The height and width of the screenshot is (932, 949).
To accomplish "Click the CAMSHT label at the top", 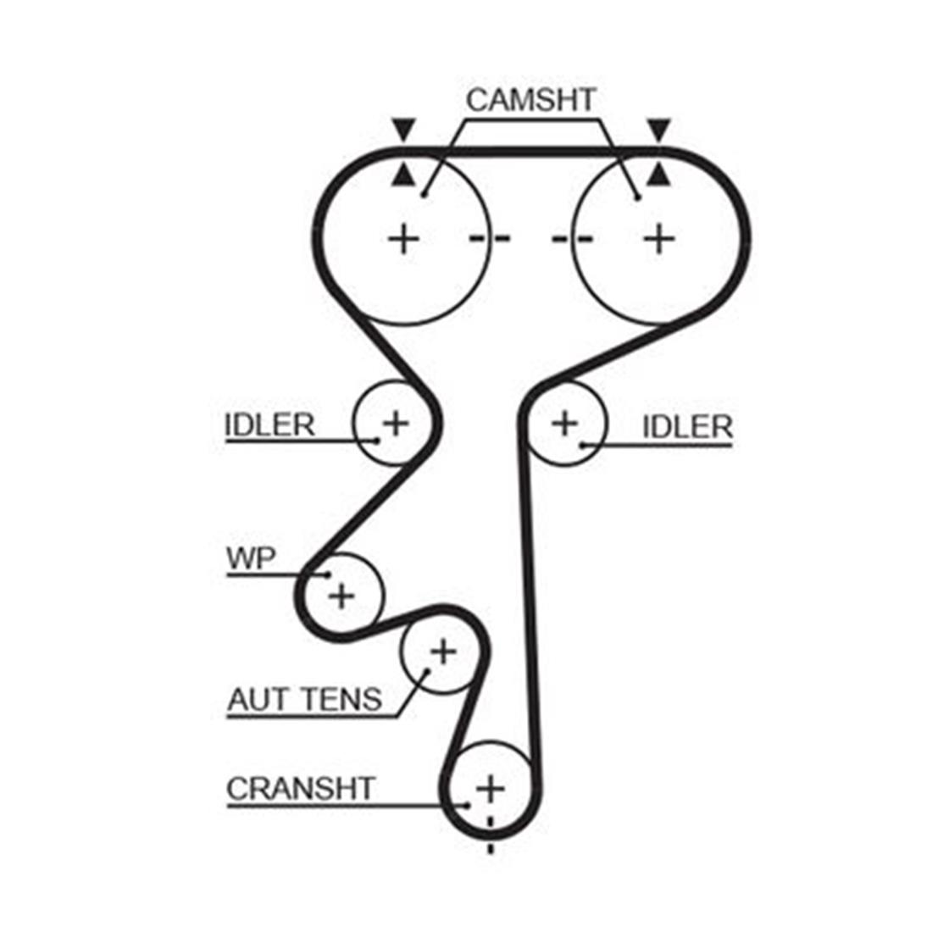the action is (530, 100).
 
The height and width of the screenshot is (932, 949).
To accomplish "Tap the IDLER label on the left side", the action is (269, 424).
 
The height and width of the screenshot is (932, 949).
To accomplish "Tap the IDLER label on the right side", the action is (687, 427).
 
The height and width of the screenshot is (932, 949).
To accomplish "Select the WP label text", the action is (251, 558).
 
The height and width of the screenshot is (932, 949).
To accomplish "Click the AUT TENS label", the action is (304, 700).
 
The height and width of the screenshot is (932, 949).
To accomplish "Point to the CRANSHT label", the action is (301, 789).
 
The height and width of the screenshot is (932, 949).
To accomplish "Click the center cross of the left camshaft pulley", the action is (403, 239).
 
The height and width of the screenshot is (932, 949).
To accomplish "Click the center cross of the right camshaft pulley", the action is (659, 238).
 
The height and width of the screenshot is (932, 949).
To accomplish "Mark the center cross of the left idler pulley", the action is (396, 423).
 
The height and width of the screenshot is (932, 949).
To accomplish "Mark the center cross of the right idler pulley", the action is (564, 423).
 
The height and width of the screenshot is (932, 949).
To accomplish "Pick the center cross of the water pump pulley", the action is (341, 596).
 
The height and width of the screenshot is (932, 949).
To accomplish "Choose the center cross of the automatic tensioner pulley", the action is (443, 652).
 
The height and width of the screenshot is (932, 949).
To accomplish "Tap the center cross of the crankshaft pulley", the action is (491, 789).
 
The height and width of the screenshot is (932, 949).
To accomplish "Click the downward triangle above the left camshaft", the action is (403, 129).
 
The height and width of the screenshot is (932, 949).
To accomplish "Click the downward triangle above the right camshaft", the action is (659, 129).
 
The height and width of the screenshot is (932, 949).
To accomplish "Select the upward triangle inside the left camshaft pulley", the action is (403, 176).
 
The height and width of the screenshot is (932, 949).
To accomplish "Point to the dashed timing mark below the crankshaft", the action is (491, 835).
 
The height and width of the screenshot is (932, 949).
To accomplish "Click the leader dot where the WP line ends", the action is (329, 574).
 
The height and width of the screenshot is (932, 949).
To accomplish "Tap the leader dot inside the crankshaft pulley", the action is (467, 805).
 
